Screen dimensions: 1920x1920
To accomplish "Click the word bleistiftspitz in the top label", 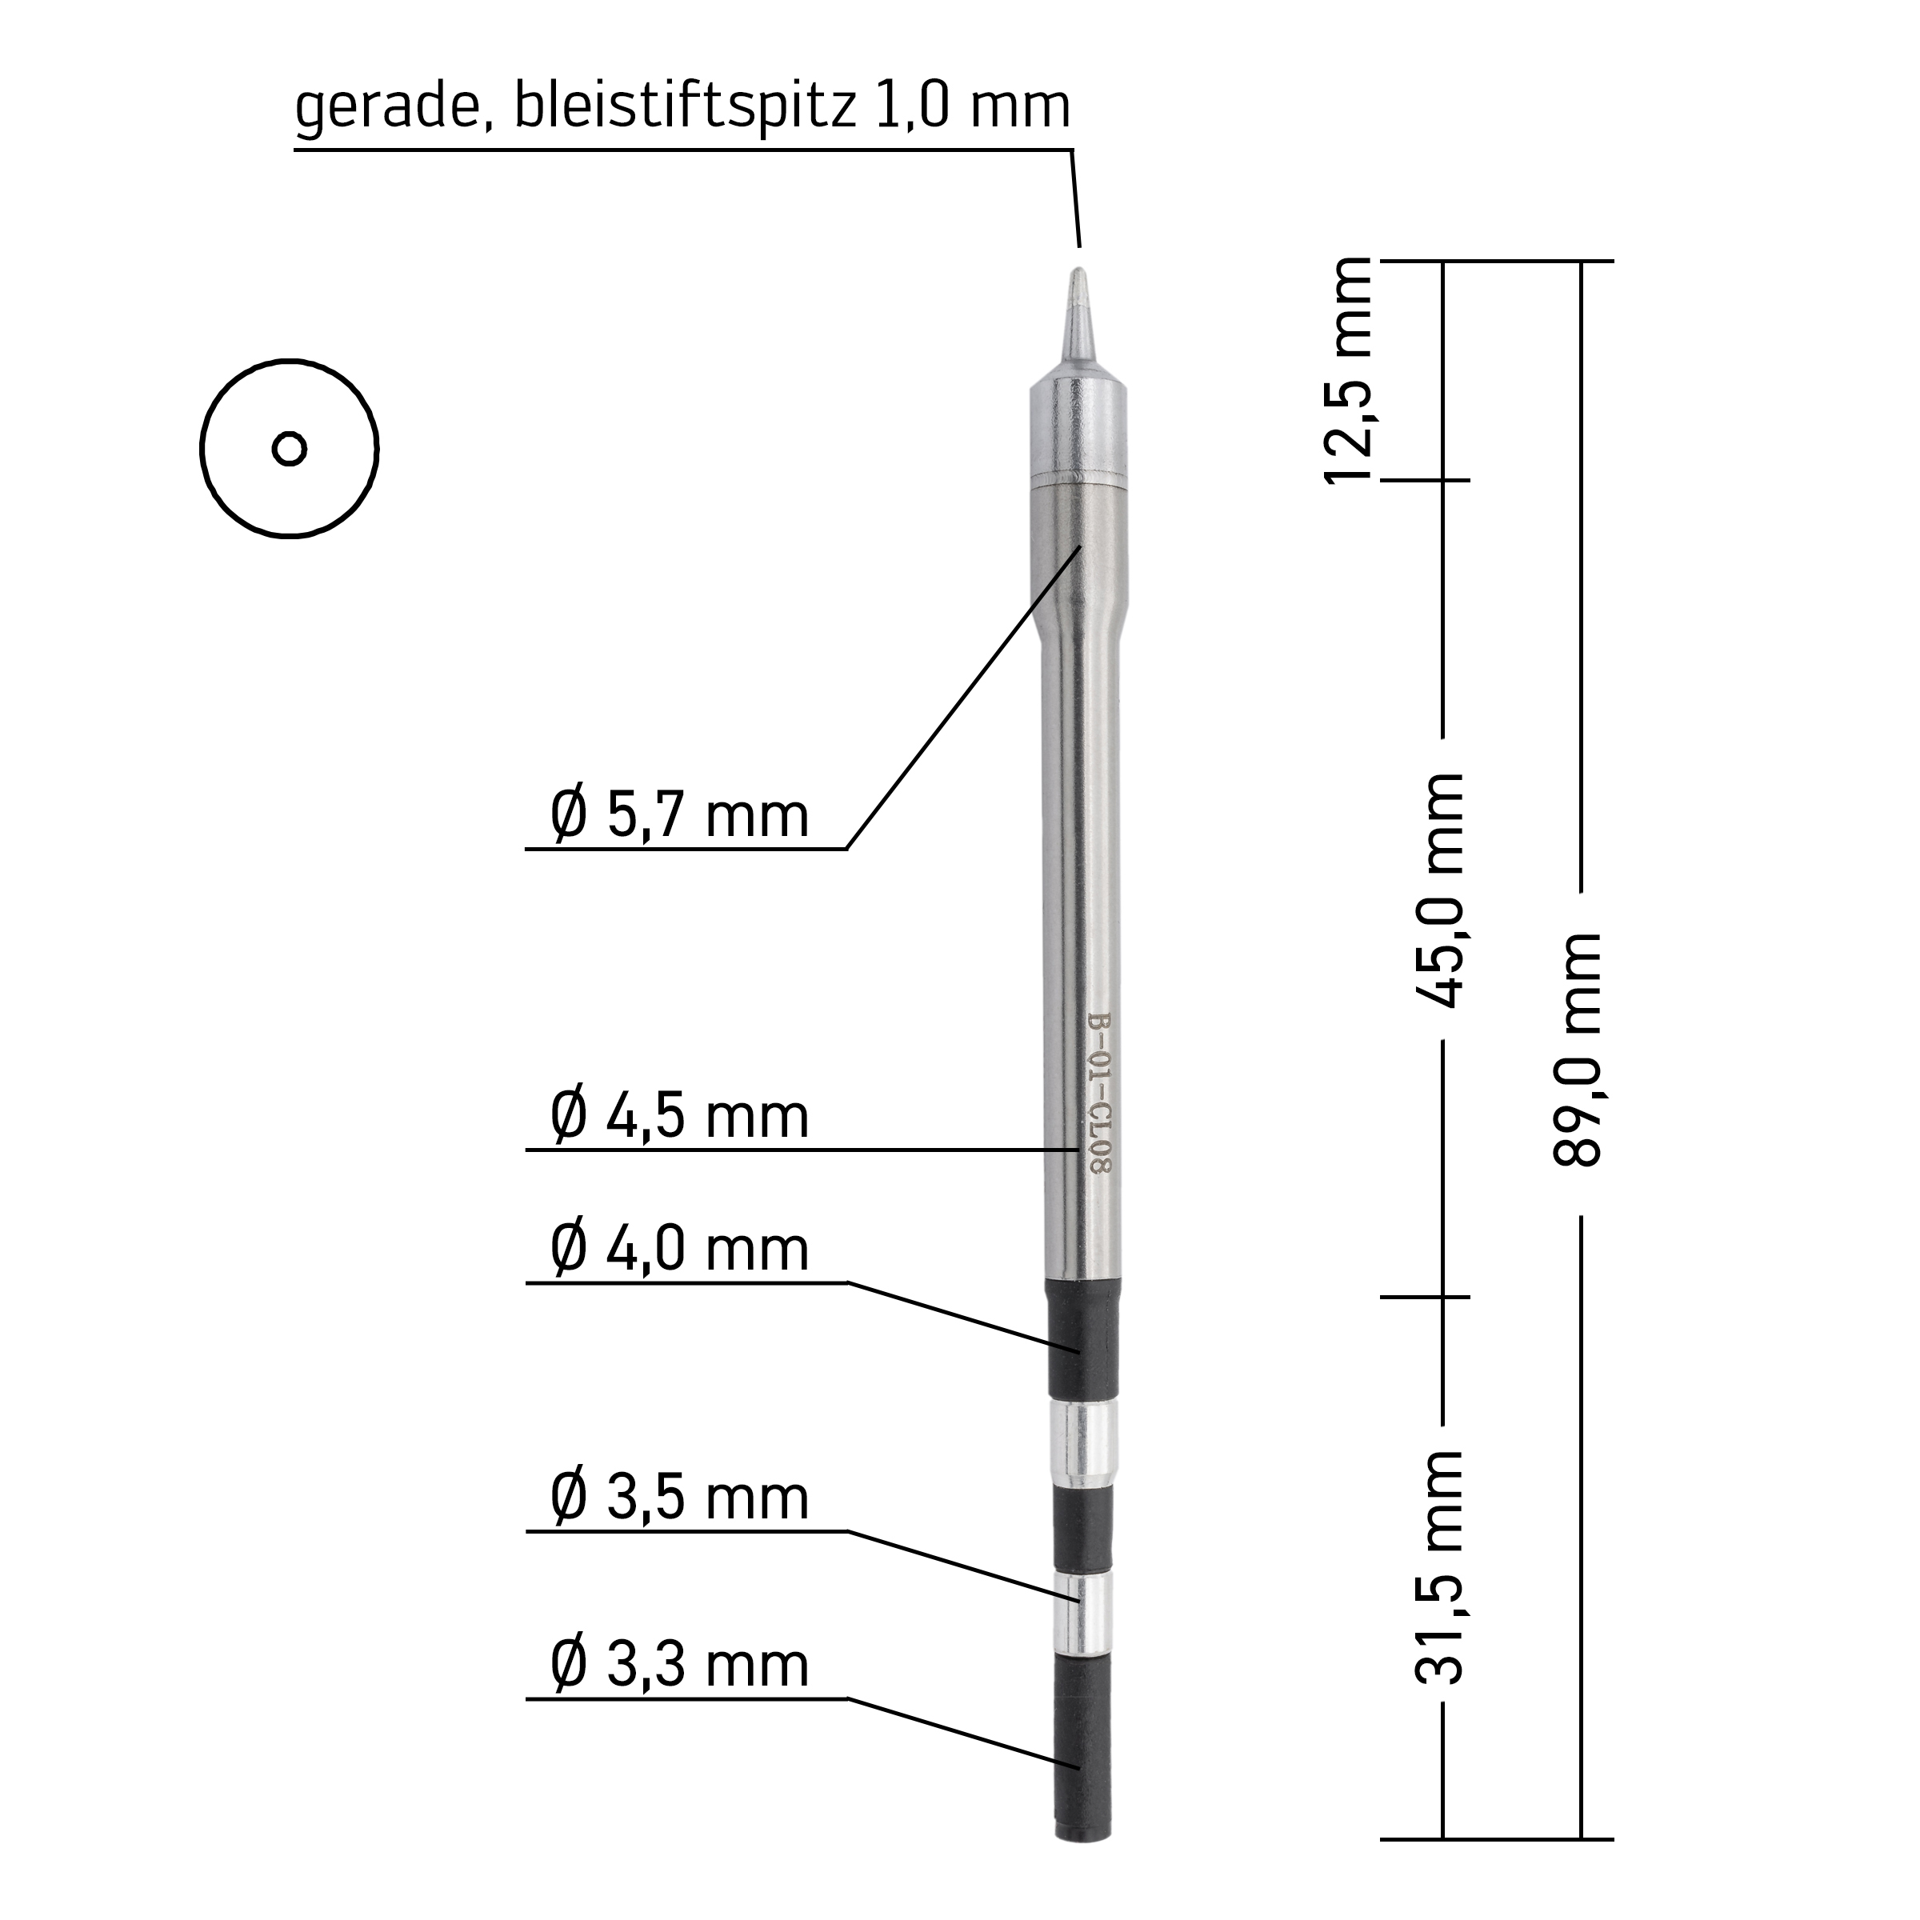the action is (x=685, y=106).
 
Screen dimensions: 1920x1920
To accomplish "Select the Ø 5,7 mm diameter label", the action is (x=680, y=816).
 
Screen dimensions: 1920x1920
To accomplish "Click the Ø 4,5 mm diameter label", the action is (x=680, y=1116).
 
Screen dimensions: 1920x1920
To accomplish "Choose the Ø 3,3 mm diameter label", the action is (x=680, y=1666).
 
